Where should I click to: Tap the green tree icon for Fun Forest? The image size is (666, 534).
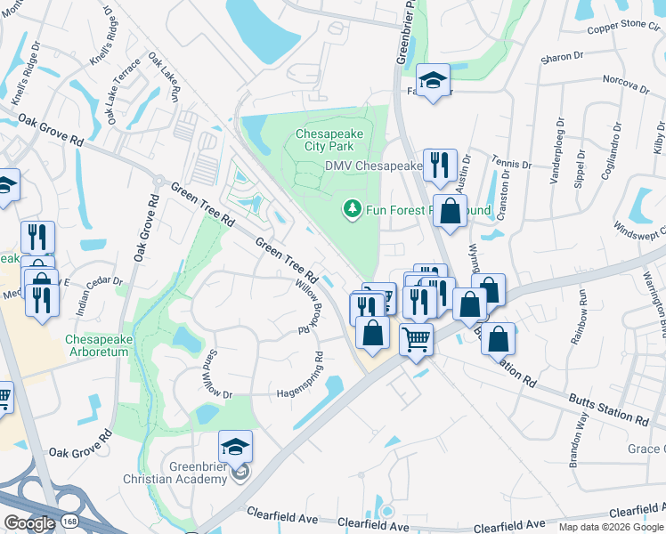[x=353, y=209]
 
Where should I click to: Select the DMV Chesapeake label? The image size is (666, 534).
[x=373, y=166]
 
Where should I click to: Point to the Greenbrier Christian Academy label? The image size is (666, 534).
[x=198, y=473]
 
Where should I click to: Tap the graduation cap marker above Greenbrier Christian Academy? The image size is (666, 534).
[x=235, y=446]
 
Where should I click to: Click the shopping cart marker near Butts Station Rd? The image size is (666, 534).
[x=416, y=338]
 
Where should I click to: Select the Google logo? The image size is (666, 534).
[x=29, y=523]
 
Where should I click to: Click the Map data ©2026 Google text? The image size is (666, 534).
[x=611, y=527]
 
